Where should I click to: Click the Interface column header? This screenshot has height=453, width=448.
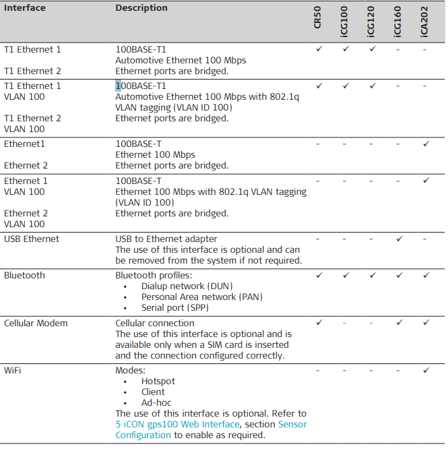[25, 8]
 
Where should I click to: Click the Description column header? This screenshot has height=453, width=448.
[141, 8]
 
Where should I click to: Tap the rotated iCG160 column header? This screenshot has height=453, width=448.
[398, 21]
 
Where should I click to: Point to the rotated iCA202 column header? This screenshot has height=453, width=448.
[425, 21]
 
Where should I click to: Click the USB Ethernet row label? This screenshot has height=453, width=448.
[32, 239]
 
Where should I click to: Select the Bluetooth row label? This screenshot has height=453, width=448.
[24, 275]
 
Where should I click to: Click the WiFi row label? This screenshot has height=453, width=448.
[12, 370]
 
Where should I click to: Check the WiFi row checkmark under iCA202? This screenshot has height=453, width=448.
[425, 370]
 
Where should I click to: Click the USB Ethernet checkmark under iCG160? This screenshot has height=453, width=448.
[398, 239]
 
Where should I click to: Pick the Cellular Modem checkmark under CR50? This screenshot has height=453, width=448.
[319, 323]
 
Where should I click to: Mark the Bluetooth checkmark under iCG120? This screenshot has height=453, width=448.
[372, 275]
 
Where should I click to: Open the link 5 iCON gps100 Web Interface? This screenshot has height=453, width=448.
[177, 424]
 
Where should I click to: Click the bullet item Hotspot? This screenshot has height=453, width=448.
[158, 381]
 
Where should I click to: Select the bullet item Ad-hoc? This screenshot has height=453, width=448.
[157, 402]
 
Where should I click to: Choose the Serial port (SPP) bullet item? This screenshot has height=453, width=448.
[174, 307]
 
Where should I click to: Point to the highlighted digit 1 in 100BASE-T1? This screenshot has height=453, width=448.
[118, 86]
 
